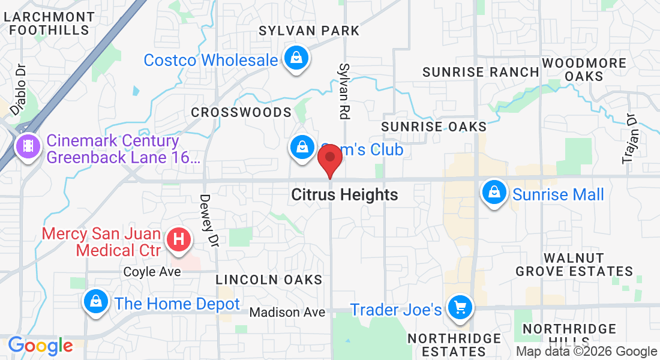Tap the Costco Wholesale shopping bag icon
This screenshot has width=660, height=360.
click(x=296, y=58)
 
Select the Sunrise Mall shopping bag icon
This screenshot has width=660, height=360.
click(x=493, y=193)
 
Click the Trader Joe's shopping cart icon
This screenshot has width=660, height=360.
click(x=460, y=308)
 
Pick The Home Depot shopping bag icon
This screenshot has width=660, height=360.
click(x=95, y=301)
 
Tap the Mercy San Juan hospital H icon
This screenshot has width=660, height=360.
click(x=178, y=240)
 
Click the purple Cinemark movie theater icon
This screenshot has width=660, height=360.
click(x=28, y=145)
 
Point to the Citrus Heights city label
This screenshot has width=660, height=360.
click(x=344, y=195)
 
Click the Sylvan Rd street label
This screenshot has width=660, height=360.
click(x=344, y=90)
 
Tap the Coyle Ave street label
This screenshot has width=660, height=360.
click(x=152, y=272)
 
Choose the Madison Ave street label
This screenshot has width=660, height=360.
click(x=287, y=313)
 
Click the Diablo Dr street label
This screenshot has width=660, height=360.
click(x=19, y=88)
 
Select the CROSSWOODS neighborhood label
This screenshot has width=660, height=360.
click(x=241, y=113)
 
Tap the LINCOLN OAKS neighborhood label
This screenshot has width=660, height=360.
click(x=269, y=280)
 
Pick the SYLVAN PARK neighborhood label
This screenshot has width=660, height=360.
click(x=309, y=31)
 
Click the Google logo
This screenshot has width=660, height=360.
click(x=40, y=346)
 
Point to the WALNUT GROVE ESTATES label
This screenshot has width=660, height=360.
click(x=574, y=265)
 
